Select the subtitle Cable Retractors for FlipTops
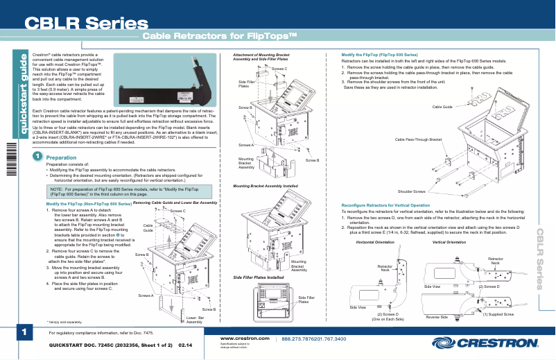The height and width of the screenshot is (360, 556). point(220,36)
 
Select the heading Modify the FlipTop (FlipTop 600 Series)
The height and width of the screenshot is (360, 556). point(380,54)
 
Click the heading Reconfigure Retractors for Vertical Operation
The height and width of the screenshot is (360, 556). point(391,205)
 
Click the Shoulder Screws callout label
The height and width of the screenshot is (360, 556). point(411,191)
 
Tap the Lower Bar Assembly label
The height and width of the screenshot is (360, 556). point(194,320)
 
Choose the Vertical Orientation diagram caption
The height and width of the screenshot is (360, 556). point(449,242)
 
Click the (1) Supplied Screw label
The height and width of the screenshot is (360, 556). point(498,314)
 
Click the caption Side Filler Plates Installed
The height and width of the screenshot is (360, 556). point(258,277)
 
